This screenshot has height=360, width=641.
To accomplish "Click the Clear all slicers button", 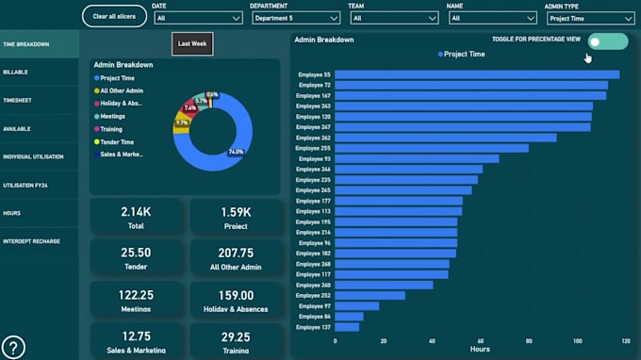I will coord(114,16).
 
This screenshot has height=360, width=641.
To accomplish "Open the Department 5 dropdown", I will coord(294,18).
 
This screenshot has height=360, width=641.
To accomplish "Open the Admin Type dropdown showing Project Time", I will coord(589,18).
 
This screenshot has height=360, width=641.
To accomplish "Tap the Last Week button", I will coord(193,43).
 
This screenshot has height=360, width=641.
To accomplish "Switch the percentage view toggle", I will coord(607,41).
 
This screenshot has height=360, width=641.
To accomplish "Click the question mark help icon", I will coord(13,347).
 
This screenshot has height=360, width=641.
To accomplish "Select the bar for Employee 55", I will coord(476,74).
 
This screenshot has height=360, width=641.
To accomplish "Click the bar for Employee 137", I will coord(346,327).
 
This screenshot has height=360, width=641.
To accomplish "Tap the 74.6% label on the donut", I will coord(236,152).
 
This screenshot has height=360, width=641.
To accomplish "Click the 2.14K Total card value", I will coord(136,212).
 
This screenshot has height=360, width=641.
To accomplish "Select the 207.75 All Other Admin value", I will coord(235,253).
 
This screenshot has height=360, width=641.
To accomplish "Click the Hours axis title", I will coord(480,351).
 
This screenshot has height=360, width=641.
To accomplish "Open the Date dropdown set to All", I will coord(198,18).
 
